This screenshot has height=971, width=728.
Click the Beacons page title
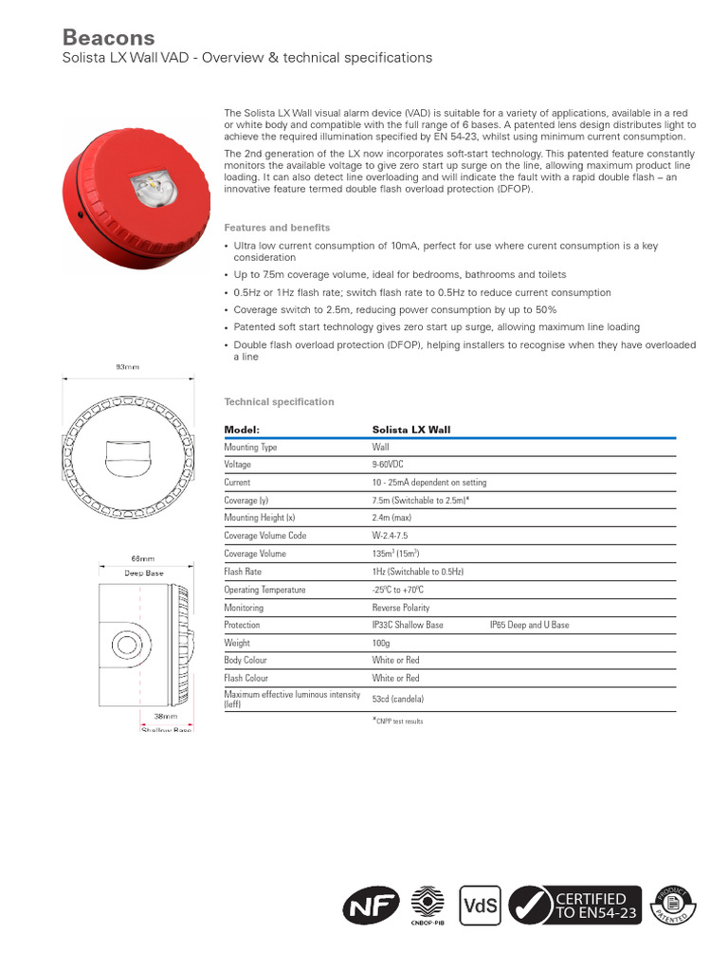[x=108, y=37]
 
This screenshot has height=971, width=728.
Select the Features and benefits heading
[x=277, y=228]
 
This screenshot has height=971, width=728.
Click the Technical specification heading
[x=279, y=402]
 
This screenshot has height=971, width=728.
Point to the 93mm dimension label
[x=127, y=366]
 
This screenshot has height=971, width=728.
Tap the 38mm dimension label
[x=166, y=717]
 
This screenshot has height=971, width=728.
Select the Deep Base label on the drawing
[x=144, y=573]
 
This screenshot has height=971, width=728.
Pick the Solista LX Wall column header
[x=411, y=430]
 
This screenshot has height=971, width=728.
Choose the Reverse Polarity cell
[x=400, y=608]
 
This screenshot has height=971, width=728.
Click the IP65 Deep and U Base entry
[x=529, y=626]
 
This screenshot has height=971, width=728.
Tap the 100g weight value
[x=381, y=643]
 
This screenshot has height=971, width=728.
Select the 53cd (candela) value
[x=398, y=699]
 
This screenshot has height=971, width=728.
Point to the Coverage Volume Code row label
[x=264, y=536]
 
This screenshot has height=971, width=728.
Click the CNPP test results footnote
[x=397, y=722]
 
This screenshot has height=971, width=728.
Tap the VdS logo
[x=480, y=905]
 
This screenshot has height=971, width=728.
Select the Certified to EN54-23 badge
[x=574, y=906]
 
